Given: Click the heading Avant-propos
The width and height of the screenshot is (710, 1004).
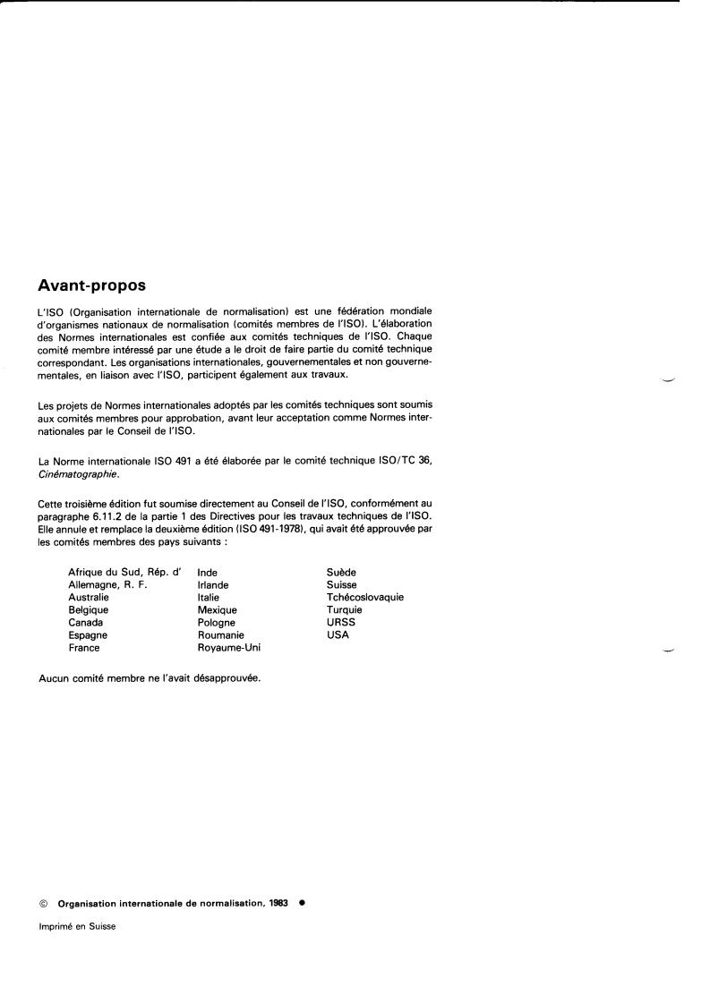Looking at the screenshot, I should coord(92,286).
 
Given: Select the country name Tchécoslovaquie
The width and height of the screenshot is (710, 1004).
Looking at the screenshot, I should coord(365,597).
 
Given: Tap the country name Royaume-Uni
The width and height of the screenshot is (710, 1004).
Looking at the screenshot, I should coord(229,647).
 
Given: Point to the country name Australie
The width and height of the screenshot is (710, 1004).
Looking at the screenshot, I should coord(89,597).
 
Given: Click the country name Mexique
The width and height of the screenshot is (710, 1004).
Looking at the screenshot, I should coord(218,609).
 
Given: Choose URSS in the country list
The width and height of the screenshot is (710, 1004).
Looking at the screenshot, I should coord(341,622).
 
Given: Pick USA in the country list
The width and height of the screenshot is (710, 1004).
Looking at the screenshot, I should coord(338,634).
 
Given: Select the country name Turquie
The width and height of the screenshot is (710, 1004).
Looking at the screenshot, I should coord(346,609).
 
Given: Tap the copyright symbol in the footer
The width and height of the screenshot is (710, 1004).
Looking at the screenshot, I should coord(44,903).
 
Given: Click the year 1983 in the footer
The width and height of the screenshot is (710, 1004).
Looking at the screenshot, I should coord(277,903).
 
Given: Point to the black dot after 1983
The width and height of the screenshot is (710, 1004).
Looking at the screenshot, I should coord(303,903).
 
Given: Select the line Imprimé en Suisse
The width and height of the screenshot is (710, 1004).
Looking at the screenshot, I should coord(78,926).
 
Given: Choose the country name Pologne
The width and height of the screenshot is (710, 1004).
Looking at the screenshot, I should coord(217,622).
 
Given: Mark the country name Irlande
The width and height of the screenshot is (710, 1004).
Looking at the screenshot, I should coord(214,584).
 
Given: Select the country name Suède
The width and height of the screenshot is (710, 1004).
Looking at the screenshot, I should coord(342,572).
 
